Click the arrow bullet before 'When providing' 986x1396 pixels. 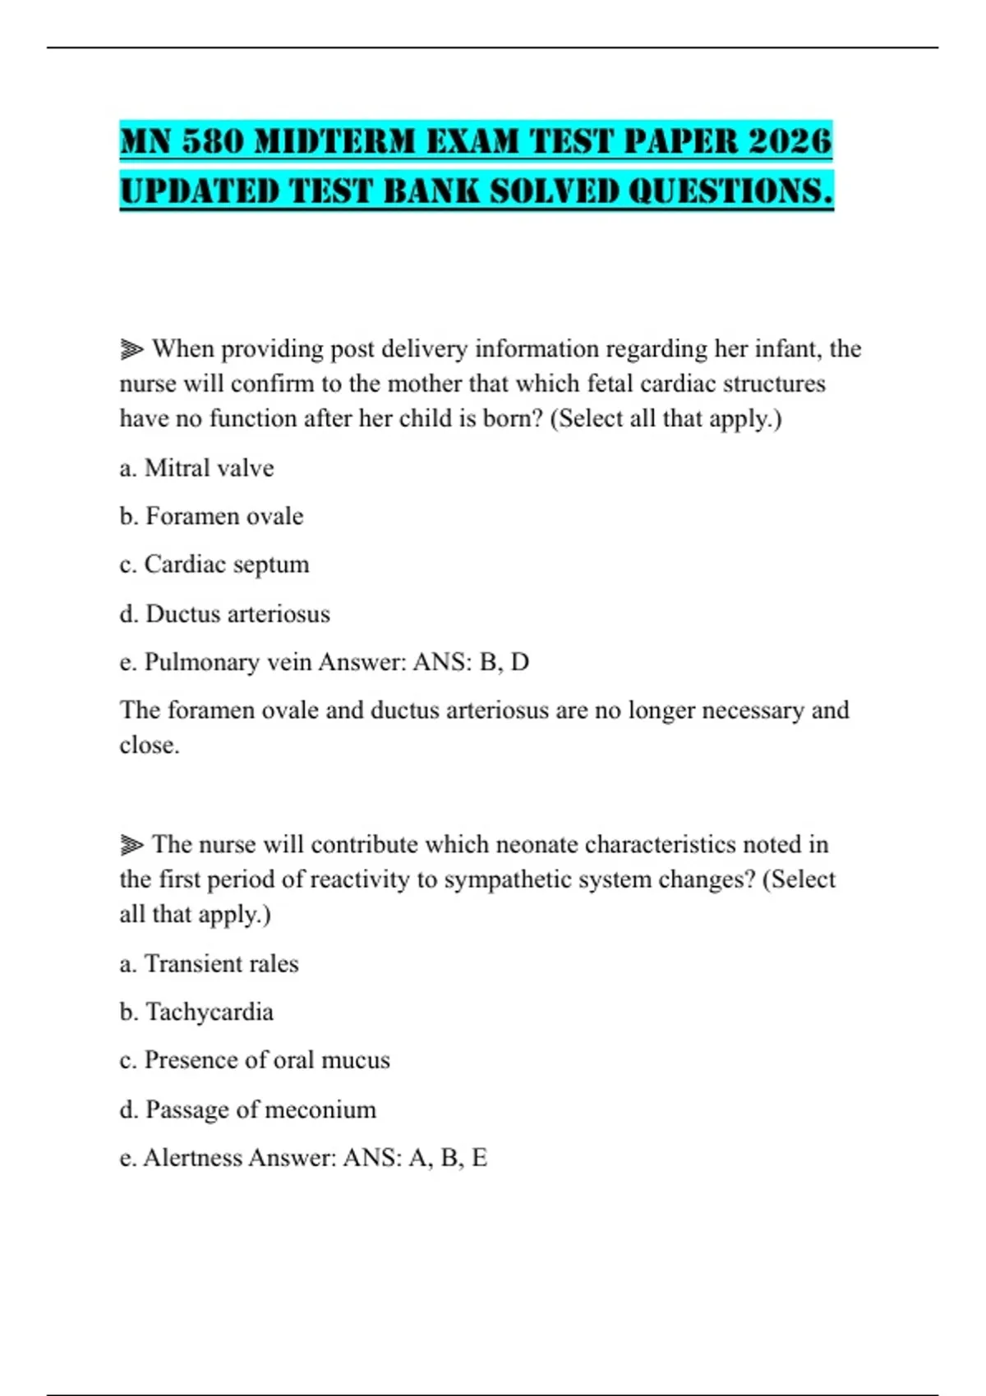131,350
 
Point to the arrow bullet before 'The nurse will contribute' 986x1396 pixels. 131,845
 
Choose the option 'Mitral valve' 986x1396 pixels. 209,468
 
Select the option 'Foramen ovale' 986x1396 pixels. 223,517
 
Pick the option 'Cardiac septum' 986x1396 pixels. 226,565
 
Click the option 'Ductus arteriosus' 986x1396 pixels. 237,614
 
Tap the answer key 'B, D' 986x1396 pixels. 504,662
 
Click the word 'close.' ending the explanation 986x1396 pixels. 150,745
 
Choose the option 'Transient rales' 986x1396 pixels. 221,963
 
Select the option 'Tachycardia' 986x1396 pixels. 209,1012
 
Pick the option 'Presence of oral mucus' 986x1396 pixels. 266,1060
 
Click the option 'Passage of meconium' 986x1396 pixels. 260,1109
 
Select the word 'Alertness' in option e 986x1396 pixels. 194,1158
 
